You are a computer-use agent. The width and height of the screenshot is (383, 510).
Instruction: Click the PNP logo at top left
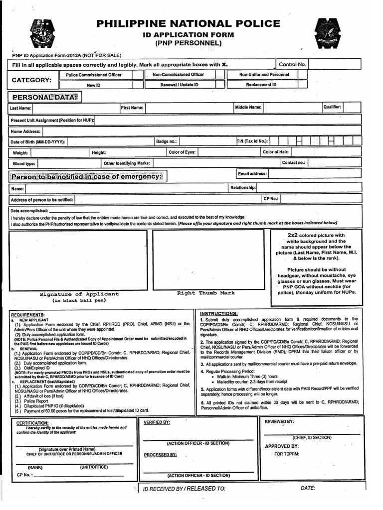(x=46, y=34)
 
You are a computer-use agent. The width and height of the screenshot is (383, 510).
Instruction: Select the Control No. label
(x=292, y=64)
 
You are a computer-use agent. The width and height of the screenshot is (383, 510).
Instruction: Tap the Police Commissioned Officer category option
(x=94, y=75)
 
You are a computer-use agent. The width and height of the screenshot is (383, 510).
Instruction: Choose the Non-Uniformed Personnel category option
(x=264, y=75)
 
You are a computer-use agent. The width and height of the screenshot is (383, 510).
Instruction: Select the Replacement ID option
(x=261, y=85)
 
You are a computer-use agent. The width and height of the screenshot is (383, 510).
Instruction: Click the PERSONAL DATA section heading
(x=45, y=98)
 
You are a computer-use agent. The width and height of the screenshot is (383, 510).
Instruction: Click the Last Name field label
(x=20, y=108)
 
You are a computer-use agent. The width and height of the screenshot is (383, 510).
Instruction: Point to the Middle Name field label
(x=248, y=107)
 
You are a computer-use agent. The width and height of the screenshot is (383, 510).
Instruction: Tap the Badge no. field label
(x=167, y=141)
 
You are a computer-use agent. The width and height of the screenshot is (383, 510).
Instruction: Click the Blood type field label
(x=24, y=163)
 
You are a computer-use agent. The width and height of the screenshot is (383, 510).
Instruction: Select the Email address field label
(x=253, y=174)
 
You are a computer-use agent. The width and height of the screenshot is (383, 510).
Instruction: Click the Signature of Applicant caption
(x=79, y=294)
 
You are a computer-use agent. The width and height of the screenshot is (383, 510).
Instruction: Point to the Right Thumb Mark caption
(x=205, y=293)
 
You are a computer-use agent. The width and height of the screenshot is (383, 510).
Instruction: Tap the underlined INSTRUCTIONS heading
(x=219, y=313)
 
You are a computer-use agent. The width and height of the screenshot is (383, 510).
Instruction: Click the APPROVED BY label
(x=282, y=446)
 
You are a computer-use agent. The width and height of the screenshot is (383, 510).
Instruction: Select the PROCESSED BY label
(x=160, y=455)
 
